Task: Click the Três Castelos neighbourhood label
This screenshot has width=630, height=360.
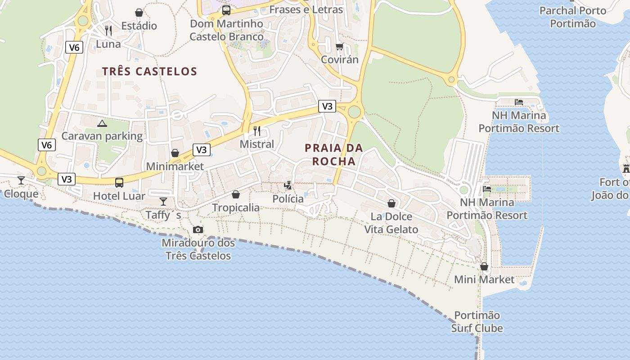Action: [x=149, y=71]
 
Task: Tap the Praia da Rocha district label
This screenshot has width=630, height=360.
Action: [x=333, y=154]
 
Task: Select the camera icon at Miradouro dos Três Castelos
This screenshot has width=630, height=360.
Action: [x=198, y=230]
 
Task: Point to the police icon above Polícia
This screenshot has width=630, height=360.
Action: [x=288, y=185]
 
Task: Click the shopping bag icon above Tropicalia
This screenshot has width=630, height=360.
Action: [x=235, y=194]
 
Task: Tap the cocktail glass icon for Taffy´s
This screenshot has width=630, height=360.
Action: [x=163, y=201]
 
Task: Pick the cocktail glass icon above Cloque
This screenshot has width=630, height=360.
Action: [x=21, y=180]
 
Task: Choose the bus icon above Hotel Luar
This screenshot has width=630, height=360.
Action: [x=119, y=182]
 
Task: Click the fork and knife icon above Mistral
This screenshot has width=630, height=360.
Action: [x=257, y=131]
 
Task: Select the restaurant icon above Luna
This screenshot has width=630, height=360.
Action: [x=108, y=31]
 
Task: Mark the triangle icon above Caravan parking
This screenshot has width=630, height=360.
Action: [x=102, y=123]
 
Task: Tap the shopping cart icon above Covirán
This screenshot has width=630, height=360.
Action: [x=340, y=46]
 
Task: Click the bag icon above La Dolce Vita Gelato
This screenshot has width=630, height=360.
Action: [x=391, y=203]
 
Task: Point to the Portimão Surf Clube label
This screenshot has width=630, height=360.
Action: [x=477, y=322]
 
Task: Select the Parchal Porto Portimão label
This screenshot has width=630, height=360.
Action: [x=573, y=17]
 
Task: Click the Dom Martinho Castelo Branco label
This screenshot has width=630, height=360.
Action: [x=226, y=30]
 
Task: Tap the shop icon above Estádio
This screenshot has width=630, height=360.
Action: [x=139, y=13]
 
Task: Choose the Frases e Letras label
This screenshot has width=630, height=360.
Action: [x=306, y=9]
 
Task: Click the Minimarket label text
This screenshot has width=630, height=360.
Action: [x=175, y=166]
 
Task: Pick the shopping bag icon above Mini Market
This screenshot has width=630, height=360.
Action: [x=484, y=266]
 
